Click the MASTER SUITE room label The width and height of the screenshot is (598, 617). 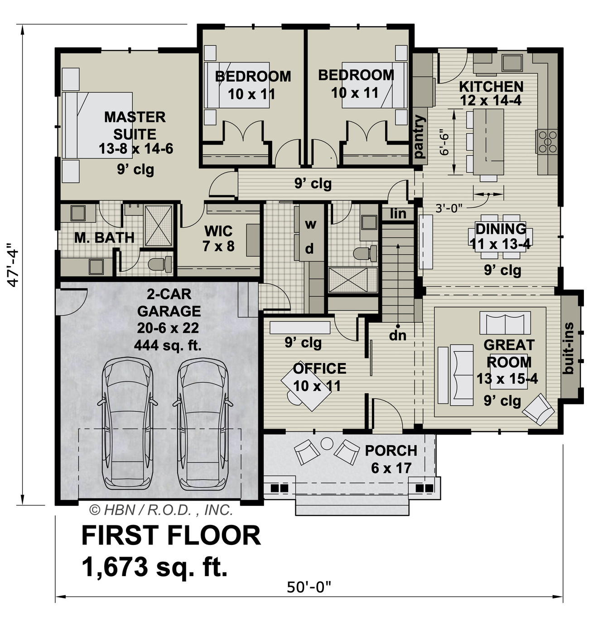135,126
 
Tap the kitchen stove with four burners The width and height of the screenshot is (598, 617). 547,141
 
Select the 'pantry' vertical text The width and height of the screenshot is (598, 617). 420,136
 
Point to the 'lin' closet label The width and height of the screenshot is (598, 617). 398,213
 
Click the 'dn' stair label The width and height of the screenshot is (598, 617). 398,335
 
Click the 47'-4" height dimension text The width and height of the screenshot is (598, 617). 14,267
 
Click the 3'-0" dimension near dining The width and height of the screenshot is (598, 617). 448,208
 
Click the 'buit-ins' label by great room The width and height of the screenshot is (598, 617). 569,348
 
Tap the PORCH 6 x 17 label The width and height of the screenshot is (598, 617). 391,459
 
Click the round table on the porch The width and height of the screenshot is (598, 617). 327,443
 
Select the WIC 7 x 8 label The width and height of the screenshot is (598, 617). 218,238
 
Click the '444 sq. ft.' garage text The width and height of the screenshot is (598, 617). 168,345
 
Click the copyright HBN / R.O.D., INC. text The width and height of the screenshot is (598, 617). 161,510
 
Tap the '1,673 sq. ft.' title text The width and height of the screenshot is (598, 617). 154,567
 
